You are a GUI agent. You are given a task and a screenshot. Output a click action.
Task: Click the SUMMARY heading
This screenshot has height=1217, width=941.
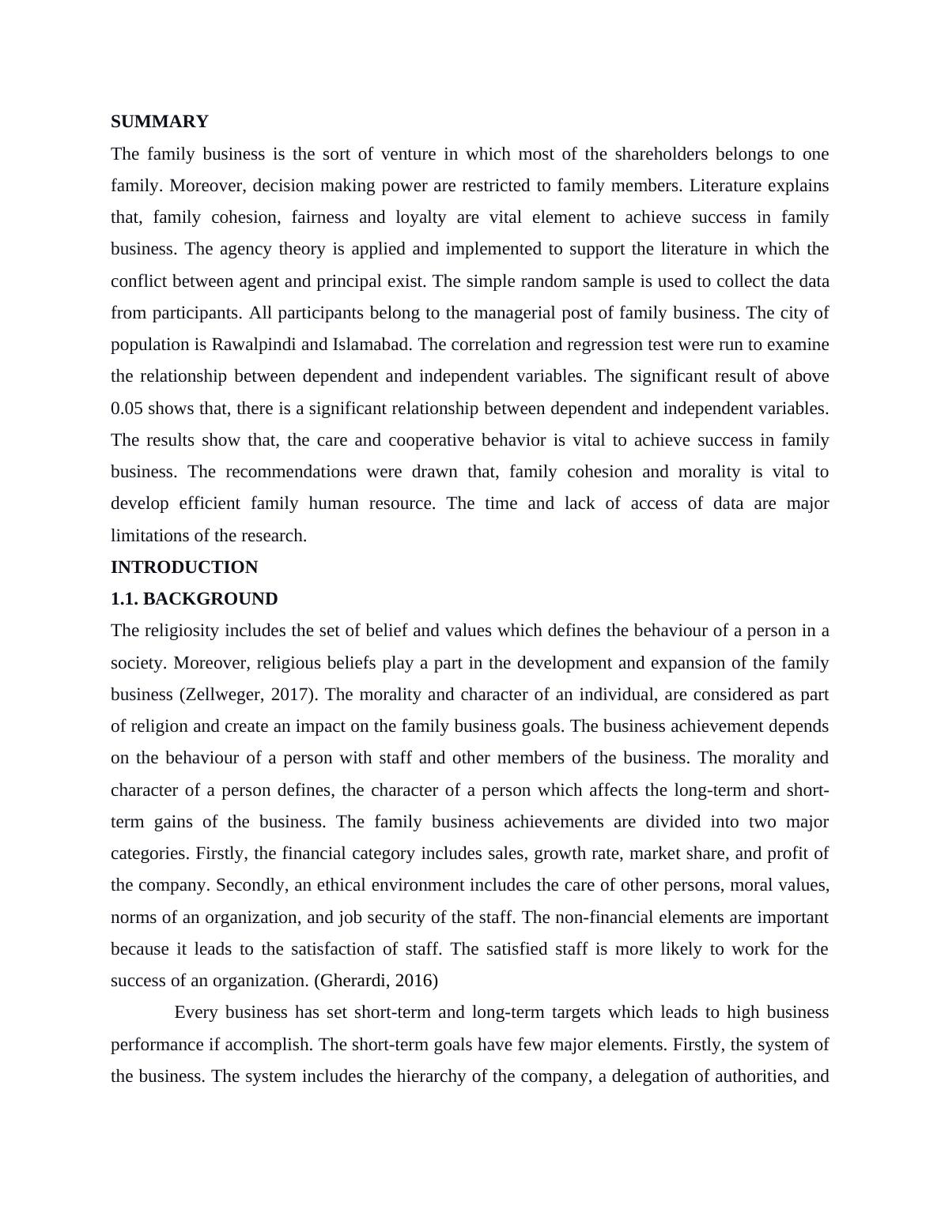click(x=159, y=122)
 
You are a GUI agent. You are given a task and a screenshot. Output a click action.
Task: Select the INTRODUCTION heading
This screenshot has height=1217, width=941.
click(x=184, y=567)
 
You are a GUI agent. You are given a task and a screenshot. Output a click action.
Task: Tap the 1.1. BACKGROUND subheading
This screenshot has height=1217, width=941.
click(x=194, y=599)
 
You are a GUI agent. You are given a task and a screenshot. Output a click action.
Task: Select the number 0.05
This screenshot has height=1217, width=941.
click(x=127, y=409)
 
